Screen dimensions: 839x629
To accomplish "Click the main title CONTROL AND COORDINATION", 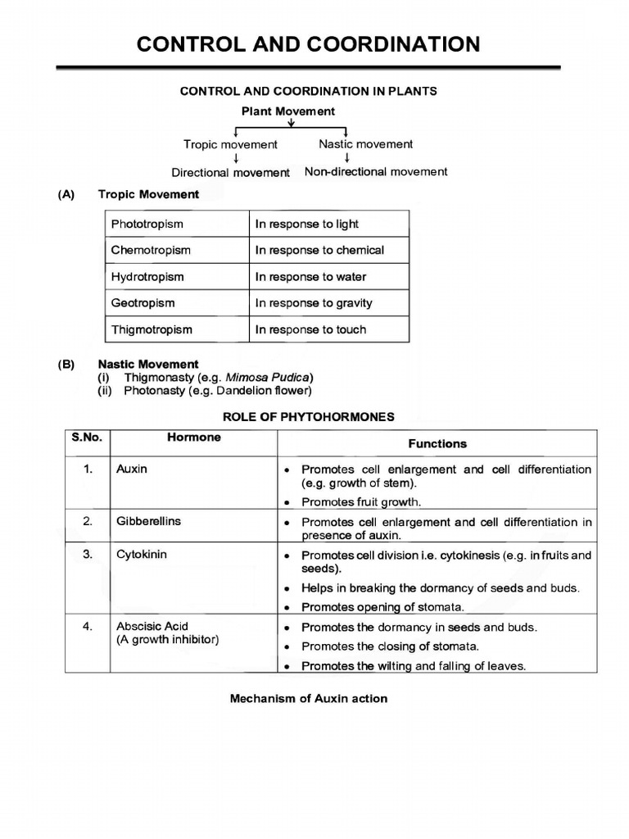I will tap(308, 44).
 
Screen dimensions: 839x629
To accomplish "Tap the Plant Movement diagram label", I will tap(287, 111).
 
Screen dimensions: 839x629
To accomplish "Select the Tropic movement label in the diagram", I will tap(230, 145).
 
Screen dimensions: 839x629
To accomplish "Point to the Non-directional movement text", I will tap(376, 172).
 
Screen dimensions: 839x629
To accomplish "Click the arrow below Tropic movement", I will tap(236, 159).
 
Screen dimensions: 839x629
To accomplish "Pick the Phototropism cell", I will tap(147, 224).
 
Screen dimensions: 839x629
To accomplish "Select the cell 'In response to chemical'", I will tap(319, 251).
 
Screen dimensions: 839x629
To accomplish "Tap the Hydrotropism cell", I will tap(147, 277).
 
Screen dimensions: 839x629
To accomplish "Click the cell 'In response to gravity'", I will tap(314, 303).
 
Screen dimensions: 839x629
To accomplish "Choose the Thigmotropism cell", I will tap(152, 329).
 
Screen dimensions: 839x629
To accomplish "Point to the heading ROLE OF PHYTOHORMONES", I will tap(314, 417).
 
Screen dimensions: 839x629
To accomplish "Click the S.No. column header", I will tap(86, 438).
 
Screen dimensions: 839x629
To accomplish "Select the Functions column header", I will tap(437, 443).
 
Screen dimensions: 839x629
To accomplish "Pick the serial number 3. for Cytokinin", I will tap(88, 555).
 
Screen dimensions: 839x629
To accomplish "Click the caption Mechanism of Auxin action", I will tap(309, 699).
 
